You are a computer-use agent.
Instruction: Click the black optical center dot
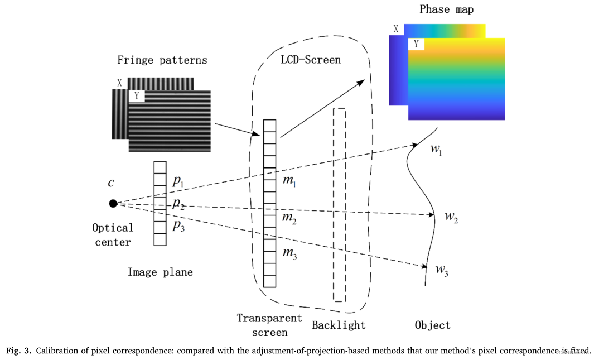113,203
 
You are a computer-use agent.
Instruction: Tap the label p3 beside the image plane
178,225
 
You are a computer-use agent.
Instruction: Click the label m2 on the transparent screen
289,219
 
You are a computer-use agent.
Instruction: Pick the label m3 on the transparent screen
289,254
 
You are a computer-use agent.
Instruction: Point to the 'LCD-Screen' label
310,59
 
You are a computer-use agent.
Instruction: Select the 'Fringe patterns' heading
162,60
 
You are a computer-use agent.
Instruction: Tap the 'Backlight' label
339,325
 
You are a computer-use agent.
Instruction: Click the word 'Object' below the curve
432,325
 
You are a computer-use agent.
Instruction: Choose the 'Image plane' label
160,272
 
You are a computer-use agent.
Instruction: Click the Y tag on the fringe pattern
136,97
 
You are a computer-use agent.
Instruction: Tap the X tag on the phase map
396,29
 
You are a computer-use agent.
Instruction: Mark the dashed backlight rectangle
339,204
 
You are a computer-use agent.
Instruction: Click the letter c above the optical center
112,183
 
